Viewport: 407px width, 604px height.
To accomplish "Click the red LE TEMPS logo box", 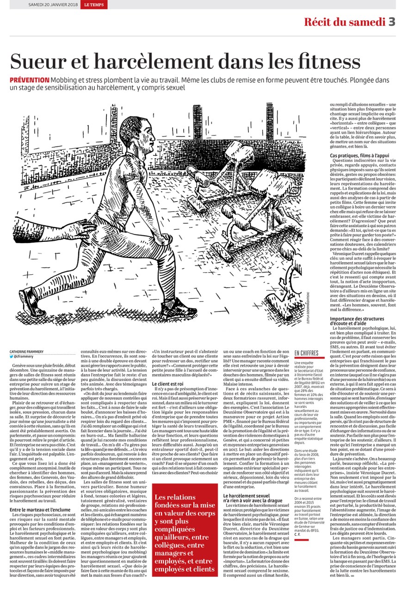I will pyautogui.click(x=94, y=5).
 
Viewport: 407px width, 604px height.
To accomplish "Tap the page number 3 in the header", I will pyautogui.click(x=391, y=22).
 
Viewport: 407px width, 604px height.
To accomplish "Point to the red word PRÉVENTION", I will pyautogui.click(x=30, y=80).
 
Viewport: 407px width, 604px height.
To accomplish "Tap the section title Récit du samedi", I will pyautogui.click(x=344, y=22).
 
